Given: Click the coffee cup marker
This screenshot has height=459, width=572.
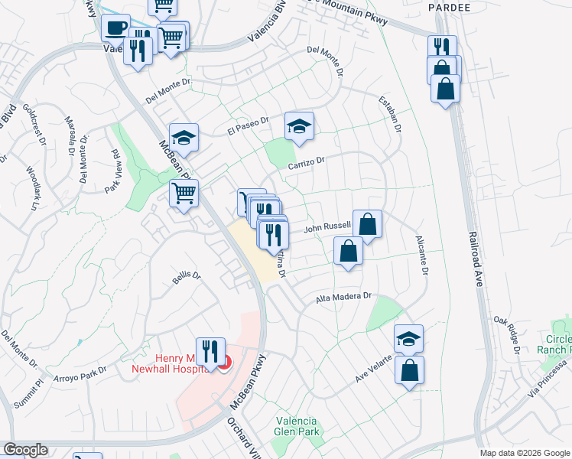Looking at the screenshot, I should pos(115,28).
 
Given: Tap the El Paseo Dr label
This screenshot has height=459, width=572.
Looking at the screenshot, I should pos(249,126).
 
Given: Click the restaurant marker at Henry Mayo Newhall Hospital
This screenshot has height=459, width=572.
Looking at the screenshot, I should pos(210,352).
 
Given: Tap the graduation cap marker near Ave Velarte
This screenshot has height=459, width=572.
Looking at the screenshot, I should pos(409,339).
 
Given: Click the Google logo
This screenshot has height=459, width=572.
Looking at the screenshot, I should pos(25,450).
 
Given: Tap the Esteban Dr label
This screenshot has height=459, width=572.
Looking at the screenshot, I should pos(390,114).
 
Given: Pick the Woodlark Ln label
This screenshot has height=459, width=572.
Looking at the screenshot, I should pos(31,188).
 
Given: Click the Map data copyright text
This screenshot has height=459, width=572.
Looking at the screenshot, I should pos(524,453).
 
